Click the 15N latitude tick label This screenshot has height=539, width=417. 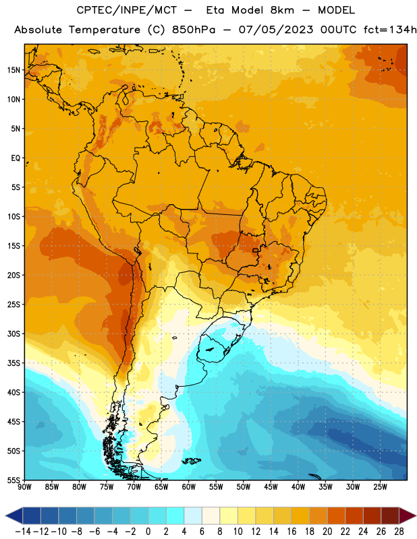coord(13,70)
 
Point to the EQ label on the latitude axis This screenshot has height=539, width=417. coord(16,158)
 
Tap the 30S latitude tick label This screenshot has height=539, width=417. coord(13,334)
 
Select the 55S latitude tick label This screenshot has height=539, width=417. coord(13,480)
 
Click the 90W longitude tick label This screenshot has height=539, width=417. coord(24,486)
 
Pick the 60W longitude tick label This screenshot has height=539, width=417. coord(189,486)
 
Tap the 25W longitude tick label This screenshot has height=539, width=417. coord(380,486)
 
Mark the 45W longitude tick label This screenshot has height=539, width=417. coord(271,486)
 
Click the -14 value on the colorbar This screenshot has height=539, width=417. coord(23,532)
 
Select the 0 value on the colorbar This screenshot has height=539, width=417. coord(148,532)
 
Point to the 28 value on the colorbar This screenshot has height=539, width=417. coord(399,532)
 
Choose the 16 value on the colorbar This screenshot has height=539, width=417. coord(291,532)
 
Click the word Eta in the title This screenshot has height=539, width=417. coord(215,10)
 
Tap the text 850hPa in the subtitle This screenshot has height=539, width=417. coord(194,30)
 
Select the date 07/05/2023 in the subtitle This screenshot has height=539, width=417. coord(276,30)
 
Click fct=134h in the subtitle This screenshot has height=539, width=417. coord(390,30)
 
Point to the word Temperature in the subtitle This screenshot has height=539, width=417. coord(105,30)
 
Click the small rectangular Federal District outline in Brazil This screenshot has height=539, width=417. coord(255,250)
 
